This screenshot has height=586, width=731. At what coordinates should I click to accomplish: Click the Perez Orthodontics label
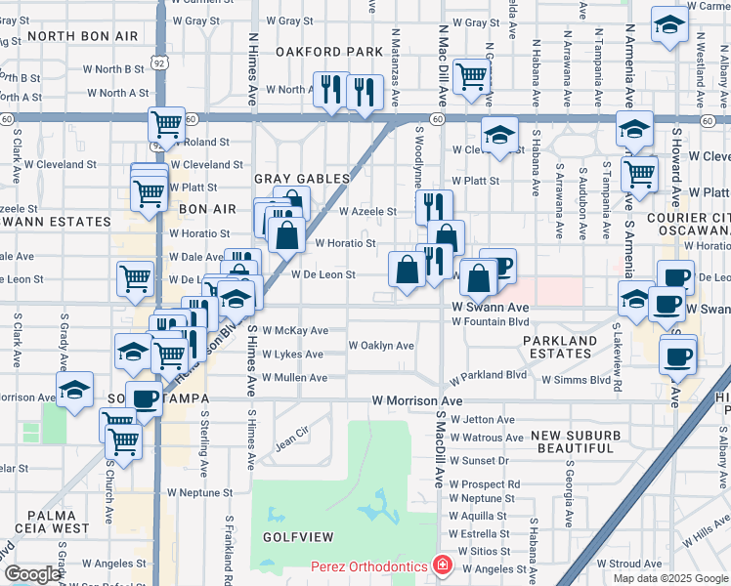pyautogui.click(x=369, y=566)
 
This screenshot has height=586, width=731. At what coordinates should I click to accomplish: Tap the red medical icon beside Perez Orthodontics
pyautogui.click(x=442, y=565)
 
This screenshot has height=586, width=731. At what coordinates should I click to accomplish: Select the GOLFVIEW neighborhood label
pyautogui.click(x=297, y=537)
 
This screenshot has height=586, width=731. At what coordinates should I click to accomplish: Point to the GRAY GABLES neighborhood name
pyautogui.click(x=302, y=179)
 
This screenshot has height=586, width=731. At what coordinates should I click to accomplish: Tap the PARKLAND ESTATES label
pyautogui.click(x=559, y=347)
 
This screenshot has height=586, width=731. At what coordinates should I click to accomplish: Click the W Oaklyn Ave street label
pyautogui.click(x=381, y=346)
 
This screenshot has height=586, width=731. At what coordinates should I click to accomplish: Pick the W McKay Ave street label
pyautogui.click(x=295, y=330)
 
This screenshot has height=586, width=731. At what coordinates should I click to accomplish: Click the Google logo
pyautogui.click(x=31, y=574)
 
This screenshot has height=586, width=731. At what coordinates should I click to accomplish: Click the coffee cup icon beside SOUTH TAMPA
pyautogui.click(x=145, y=398)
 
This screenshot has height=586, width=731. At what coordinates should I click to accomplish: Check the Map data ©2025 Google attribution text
pyautogui.click(x=670, y=578)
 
